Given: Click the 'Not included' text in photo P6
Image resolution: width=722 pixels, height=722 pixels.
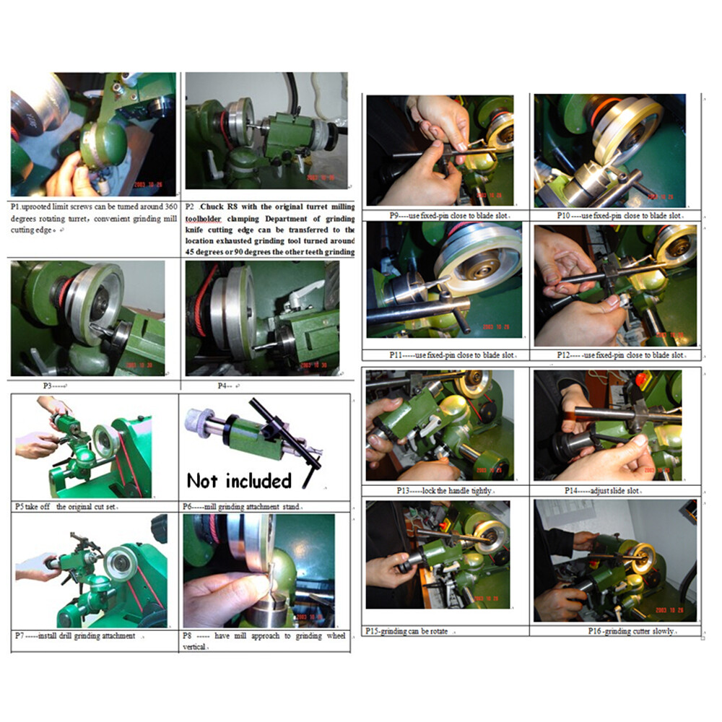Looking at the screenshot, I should click(239, 480).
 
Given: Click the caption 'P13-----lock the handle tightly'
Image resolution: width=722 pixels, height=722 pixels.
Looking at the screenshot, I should click(443, 491).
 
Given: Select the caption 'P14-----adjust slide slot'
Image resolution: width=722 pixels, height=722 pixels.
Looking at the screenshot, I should click(606, 491).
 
